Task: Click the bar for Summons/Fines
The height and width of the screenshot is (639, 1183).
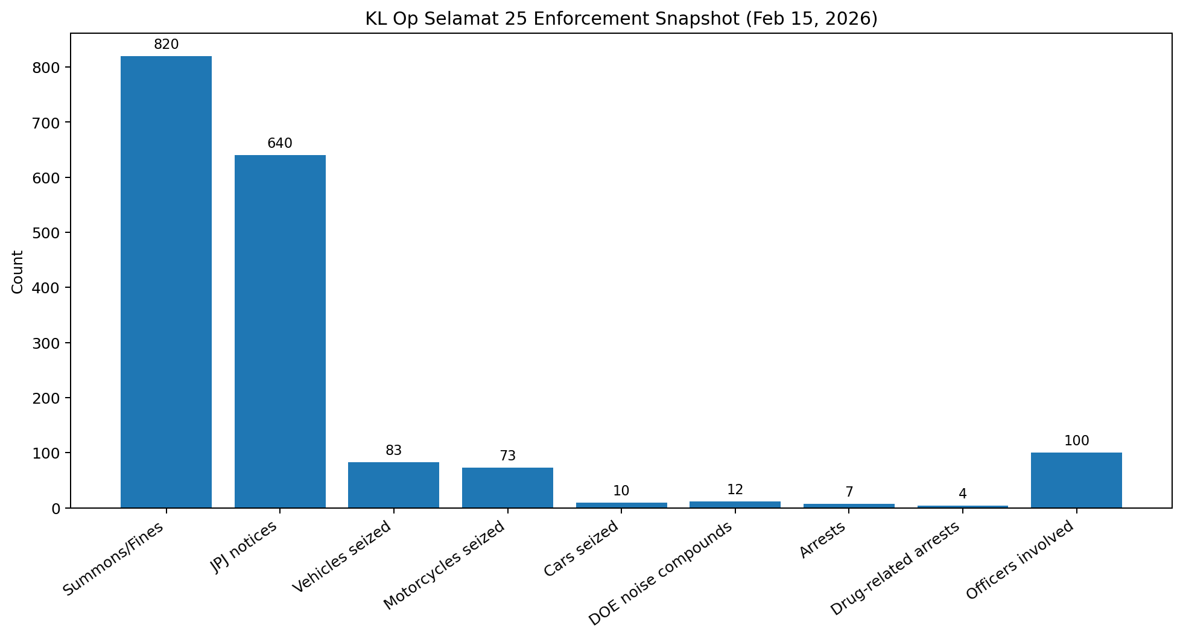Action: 166,282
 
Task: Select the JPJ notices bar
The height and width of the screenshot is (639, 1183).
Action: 280,331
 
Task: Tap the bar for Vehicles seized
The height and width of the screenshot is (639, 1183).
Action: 393,485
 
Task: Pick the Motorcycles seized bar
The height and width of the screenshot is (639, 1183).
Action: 507,488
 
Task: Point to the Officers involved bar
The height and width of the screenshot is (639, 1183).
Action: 1076,480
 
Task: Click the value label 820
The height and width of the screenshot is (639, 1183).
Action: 166,45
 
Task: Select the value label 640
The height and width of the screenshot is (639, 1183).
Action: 280,144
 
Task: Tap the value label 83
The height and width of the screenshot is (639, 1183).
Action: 393,451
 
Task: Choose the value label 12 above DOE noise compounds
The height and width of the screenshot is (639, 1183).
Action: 735,490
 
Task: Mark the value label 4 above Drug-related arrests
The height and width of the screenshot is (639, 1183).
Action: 962,494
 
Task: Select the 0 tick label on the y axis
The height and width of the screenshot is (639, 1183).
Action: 56,509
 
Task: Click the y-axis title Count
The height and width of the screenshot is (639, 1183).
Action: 17,272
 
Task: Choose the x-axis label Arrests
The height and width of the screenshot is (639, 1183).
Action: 822,540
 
